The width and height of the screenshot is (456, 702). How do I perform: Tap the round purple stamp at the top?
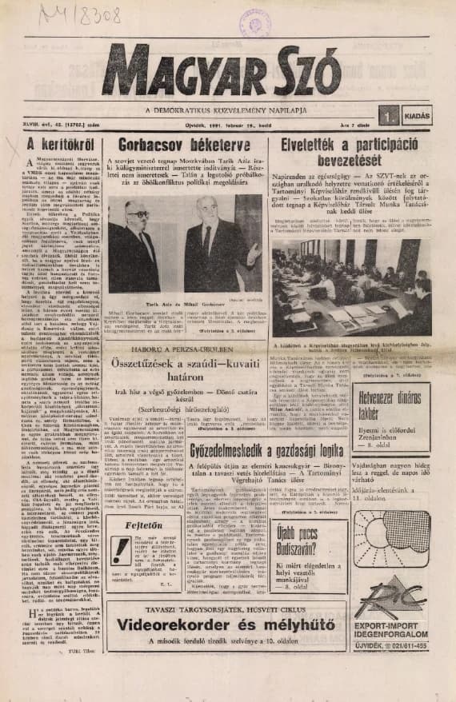coord(254,22)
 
